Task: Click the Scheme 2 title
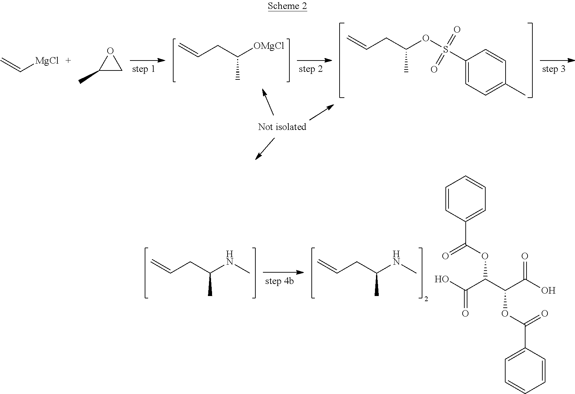click(287, 6)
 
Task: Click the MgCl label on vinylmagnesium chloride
click(47, 61)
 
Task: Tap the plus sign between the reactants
click(68, 61)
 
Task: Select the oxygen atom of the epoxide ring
click(110, 51)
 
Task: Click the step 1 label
click(144, 69)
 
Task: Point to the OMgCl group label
click(269, 46)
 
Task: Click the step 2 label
click(311, 69)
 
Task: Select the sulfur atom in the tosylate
click(445, 49)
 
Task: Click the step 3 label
click(554, 69)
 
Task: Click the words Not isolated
click(282, 127)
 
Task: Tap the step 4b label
click(279, 281)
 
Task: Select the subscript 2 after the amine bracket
click(426, 299)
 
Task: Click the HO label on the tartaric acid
click(442, 279)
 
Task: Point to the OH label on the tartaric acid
click(548, 291)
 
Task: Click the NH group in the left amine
click(230, 258)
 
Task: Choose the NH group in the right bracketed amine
click(396, 258)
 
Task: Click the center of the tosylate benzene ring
click(485, 72)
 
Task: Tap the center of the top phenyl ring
click(465, 198)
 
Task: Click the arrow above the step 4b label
click(284, 272)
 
